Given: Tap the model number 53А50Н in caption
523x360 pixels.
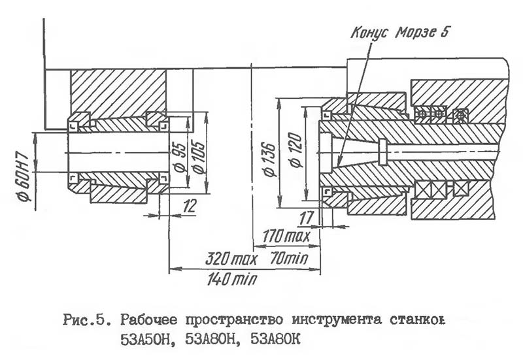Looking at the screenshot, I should [145, 340].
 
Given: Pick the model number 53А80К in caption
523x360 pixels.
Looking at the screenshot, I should [278, 340].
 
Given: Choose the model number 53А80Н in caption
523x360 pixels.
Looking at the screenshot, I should [212, 340].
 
